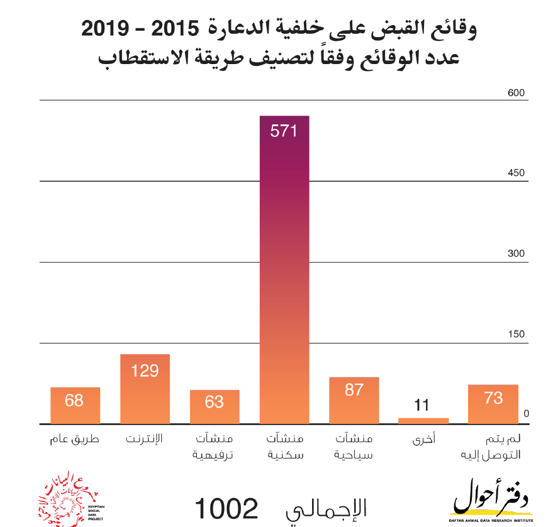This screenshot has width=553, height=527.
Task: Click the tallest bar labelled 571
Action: [284, 270]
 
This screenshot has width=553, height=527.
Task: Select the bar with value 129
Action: [145, 389]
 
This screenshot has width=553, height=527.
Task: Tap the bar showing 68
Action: [75, 406]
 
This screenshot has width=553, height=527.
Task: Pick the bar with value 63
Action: [215, 407]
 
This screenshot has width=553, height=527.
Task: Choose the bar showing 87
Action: [354, 401]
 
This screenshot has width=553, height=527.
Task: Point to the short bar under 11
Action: [423, 421]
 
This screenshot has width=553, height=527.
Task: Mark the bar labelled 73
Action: [493, 405]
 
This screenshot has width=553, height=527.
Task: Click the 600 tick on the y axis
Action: [516, 93]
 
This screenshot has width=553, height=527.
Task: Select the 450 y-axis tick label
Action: [516, 173]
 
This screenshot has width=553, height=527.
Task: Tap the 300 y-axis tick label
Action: [516, 254]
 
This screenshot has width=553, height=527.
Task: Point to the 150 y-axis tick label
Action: [516, 334]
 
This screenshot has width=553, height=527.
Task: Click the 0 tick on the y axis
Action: [527, 413]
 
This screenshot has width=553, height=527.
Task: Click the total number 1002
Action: [226, 508]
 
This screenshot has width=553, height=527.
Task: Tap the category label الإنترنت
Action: [145, 438]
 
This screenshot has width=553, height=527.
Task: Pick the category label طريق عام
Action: [74, 438]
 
